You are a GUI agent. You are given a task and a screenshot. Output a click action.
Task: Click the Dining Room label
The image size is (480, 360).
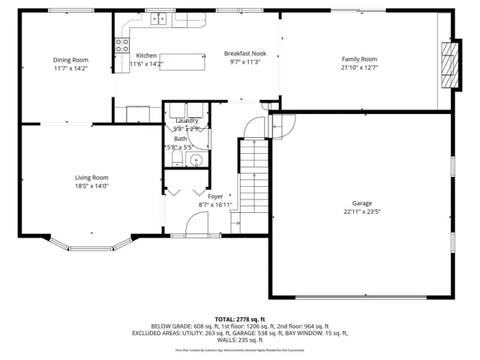coord(70,60)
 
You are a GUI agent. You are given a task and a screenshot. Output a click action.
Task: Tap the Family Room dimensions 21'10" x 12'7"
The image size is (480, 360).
coord(359,68)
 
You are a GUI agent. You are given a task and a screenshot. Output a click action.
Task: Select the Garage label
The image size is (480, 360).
coord(362,203)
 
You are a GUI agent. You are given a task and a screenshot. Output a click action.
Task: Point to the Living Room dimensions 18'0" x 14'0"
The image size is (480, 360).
coord(91,186)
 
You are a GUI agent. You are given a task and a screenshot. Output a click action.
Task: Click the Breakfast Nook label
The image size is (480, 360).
coord(245,54)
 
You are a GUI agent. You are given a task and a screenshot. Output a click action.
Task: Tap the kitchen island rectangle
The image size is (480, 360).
coord(182,61)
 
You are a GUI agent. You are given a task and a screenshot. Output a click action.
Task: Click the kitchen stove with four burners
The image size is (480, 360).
coord(120,45)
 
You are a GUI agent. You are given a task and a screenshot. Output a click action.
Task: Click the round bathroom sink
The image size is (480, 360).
coord(198,160)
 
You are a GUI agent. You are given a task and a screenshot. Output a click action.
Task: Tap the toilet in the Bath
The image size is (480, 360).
coord(169,160)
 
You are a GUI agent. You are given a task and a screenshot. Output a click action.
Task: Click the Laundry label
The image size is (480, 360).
coord(187,121)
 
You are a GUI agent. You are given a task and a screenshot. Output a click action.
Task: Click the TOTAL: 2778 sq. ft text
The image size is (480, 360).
coord(240,319)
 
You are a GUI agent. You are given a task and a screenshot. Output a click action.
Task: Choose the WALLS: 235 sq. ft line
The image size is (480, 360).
coord(240,340)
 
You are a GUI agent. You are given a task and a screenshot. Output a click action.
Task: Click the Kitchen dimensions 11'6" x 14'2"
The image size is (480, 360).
coord(146,64)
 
